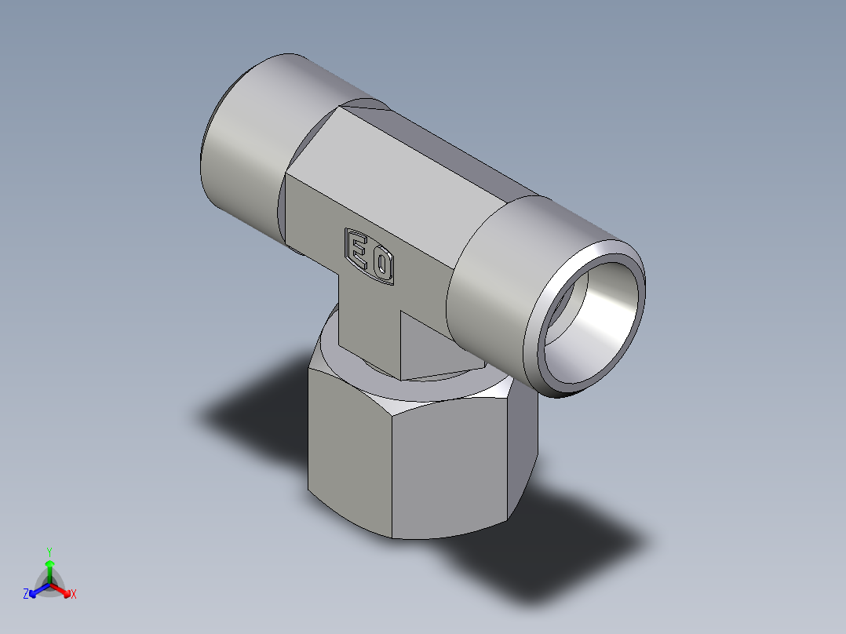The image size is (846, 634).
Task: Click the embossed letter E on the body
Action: point(357,250)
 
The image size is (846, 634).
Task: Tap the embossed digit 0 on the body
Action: point(381,266)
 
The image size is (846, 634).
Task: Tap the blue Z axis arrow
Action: point(36,591)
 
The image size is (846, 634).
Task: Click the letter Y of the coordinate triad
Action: point(49,552)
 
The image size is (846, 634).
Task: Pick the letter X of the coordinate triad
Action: point(74,595)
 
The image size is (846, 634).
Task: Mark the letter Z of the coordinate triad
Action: point(26,595)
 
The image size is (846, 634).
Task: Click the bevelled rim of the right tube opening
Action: point(542,345)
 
